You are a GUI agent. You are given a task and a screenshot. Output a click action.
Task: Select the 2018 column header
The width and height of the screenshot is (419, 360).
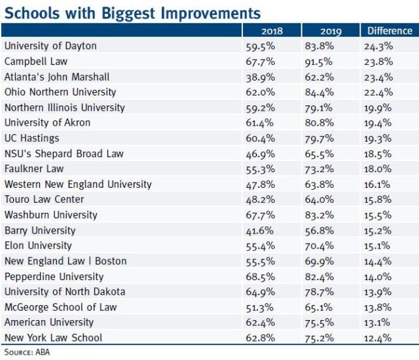point(272,31)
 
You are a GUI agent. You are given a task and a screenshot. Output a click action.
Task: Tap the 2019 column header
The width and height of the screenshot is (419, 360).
point(331,31)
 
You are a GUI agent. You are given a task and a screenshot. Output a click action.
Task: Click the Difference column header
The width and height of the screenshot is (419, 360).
point(390,31)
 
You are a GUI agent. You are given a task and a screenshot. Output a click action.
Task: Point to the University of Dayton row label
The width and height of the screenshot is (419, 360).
point(50,46)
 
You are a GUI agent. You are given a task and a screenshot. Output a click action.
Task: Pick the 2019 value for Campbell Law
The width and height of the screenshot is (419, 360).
point(319,62)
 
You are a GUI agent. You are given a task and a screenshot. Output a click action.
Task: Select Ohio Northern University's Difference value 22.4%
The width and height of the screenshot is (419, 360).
point(378,92)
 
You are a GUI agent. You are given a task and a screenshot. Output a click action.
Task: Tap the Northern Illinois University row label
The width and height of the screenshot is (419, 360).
point(65,107)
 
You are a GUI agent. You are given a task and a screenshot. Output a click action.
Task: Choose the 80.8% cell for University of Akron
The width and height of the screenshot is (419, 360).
point(319,122)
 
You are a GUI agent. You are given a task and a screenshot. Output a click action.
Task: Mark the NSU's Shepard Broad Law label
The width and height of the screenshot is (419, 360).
point(64,154)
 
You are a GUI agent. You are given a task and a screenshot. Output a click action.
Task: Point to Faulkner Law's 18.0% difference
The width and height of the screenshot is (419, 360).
point(378,169)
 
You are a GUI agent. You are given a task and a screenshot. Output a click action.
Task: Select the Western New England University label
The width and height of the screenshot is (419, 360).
point(78,184)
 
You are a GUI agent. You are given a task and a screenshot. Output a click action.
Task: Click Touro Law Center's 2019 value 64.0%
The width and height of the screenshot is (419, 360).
point(319,200)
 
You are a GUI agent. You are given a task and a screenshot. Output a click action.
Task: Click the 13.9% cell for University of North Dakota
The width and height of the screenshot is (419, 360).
point(378,292)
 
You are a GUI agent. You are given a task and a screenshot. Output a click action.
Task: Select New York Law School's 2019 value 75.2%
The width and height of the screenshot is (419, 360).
point(319,338)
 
